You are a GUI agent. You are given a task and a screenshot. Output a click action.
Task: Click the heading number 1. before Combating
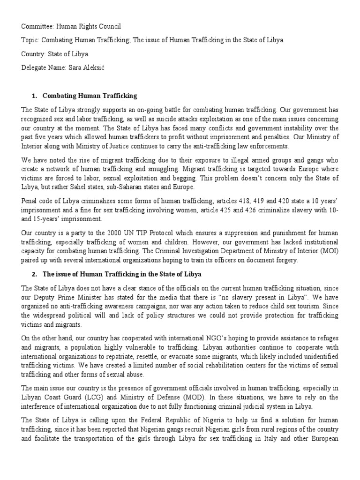34,96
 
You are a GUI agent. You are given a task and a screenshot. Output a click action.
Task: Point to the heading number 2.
34,273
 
